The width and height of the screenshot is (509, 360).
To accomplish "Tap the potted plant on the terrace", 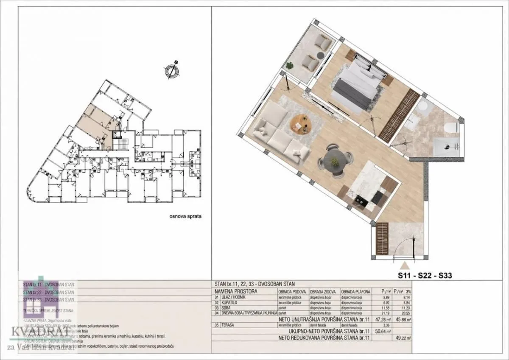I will pos(290,66).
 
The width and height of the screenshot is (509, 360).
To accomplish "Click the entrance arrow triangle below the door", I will pos(405,265).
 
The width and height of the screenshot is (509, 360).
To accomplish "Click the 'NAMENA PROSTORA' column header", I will pos(236,292).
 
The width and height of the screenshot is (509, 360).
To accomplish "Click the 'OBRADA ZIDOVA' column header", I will pos(323,292).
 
